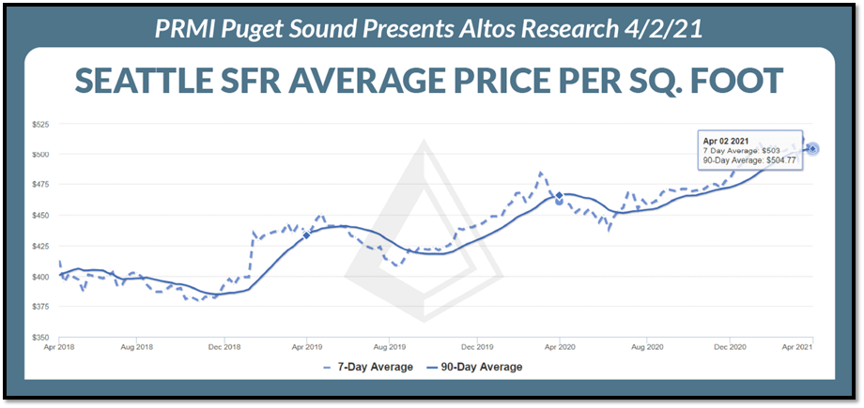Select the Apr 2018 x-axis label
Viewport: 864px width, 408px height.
(x=59, y=347)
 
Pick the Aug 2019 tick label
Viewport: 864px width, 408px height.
(x=389, y=347)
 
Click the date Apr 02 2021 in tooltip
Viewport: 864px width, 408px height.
(x=727, y=141)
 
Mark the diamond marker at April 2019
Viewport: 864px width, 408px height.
(x=307, y=234)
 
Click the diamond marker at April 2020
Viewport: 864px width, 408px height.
(x=560, y=195)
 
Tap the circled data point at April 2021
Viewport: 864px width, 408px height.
(x=812, y=148)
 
